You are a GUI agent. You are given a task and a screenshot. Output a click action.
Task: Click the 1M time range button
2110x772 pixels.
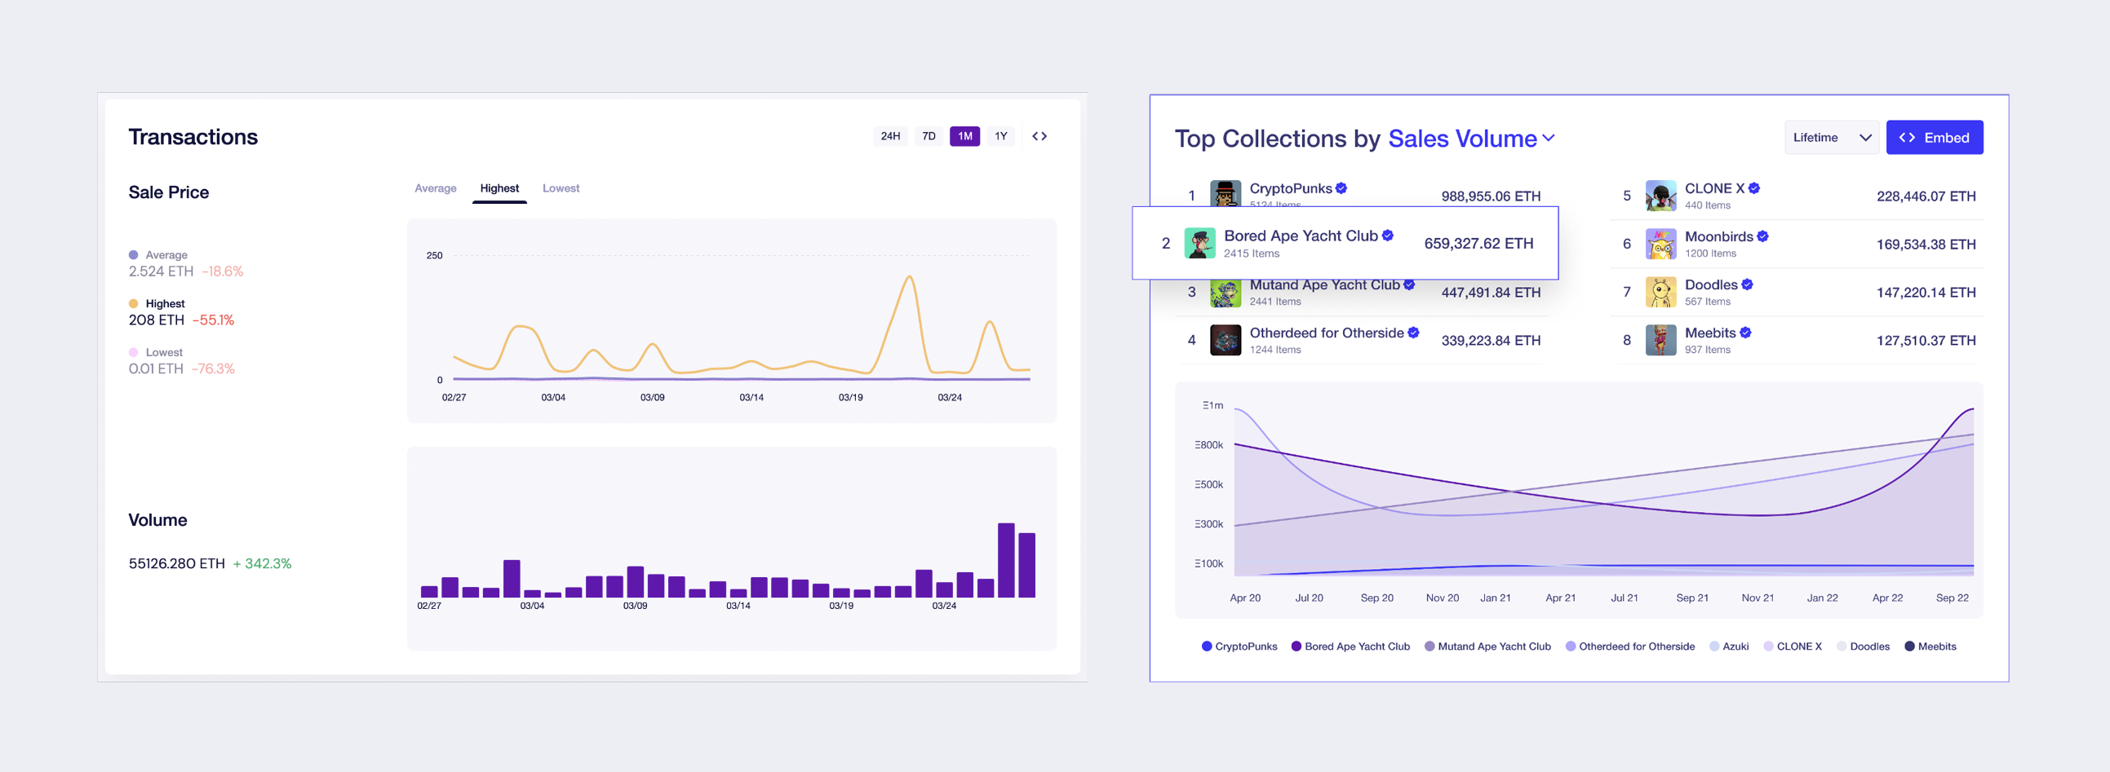[x=964, y=136]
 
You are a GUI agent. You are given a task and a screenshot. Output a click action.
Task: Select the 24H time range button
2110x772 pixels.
[x=889, y=136]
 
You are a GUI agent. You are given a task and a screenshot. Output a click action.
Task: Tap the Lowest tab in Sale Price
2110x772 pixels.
[x=561, y=188]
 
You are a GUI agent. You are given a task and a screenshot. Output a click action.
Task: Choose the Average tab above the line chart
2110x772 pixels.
[x=435, y=188]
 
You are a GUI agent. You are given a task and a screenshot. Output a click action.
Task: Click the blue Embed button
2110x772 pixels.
[x=1934, y=138]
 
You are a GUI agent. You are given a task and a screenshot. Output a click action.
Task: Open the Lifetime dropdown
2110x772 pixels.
[x=1831, y=138]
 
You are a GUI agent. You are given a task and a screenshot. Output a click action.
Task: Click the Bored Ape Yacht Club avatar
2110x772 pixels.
[x=1199, y=243]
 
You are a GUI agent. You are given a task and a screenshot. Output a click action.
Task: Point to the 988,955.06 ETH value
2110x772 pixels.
[x=1490, y=196]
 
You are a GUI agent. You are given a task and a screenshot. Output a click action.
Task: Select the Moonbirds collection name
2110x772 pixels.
[x=1718, y=236]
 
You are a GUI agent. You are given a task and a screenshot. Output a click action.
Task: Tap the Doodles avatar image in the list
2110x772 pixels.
[x=1660, y=293]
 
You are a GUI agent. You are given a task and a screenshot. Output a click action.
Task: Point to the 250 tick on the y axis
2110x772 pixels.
[x=434, y=255]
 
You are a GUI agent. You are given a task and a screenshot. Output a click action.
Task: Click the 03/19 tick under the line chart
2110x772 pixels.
[x=850, y=398]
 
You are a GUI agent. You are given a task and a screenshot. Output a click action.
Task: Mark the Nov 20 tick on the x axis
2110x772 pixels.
[x=1442, y=598]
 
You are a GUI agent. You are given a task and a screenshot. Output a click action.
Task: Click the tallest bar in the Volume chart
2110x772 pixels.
[x=1006, y=560]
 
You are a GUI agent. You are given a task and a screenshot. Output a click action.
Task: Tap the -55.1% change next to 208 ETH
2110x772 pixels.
[x=213, y=320]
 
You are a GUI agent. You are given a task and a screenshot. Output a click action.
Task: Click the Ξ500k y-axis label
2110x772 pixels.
[x=1208, y=485]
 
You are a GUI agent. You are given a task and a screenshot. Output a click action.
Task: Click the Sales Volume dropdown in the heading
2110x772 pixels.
[x=1470, y=139]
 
